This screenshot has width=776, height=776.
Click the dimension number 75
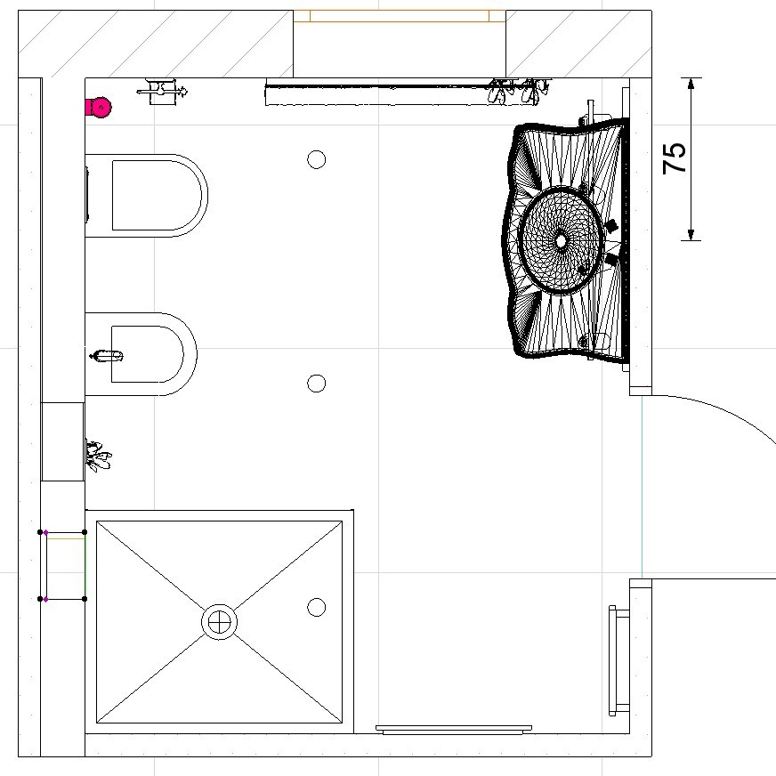[x=674, y=158]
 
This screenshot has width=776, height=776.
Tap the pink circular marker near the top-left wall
[x=101, y=108]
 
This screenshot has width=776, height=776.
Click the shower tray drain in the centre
[x=219, y=621]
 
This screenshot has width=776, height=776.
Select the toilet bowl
[x=147, y=196]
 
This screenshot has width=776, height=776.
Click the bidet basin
[x=141, y=354]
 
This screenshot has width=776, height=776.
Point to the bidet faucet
[x=106, y=355]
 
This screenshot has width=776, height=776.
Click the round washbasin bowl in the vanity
[x=561, y=240]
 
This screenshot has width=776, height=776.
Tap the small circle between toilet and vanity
[x=316, y=160]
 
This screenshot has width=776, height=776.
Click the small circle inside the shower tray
[x=316, y=607]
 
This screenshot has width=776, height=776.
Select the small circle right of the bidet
[x=316, y=383]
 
